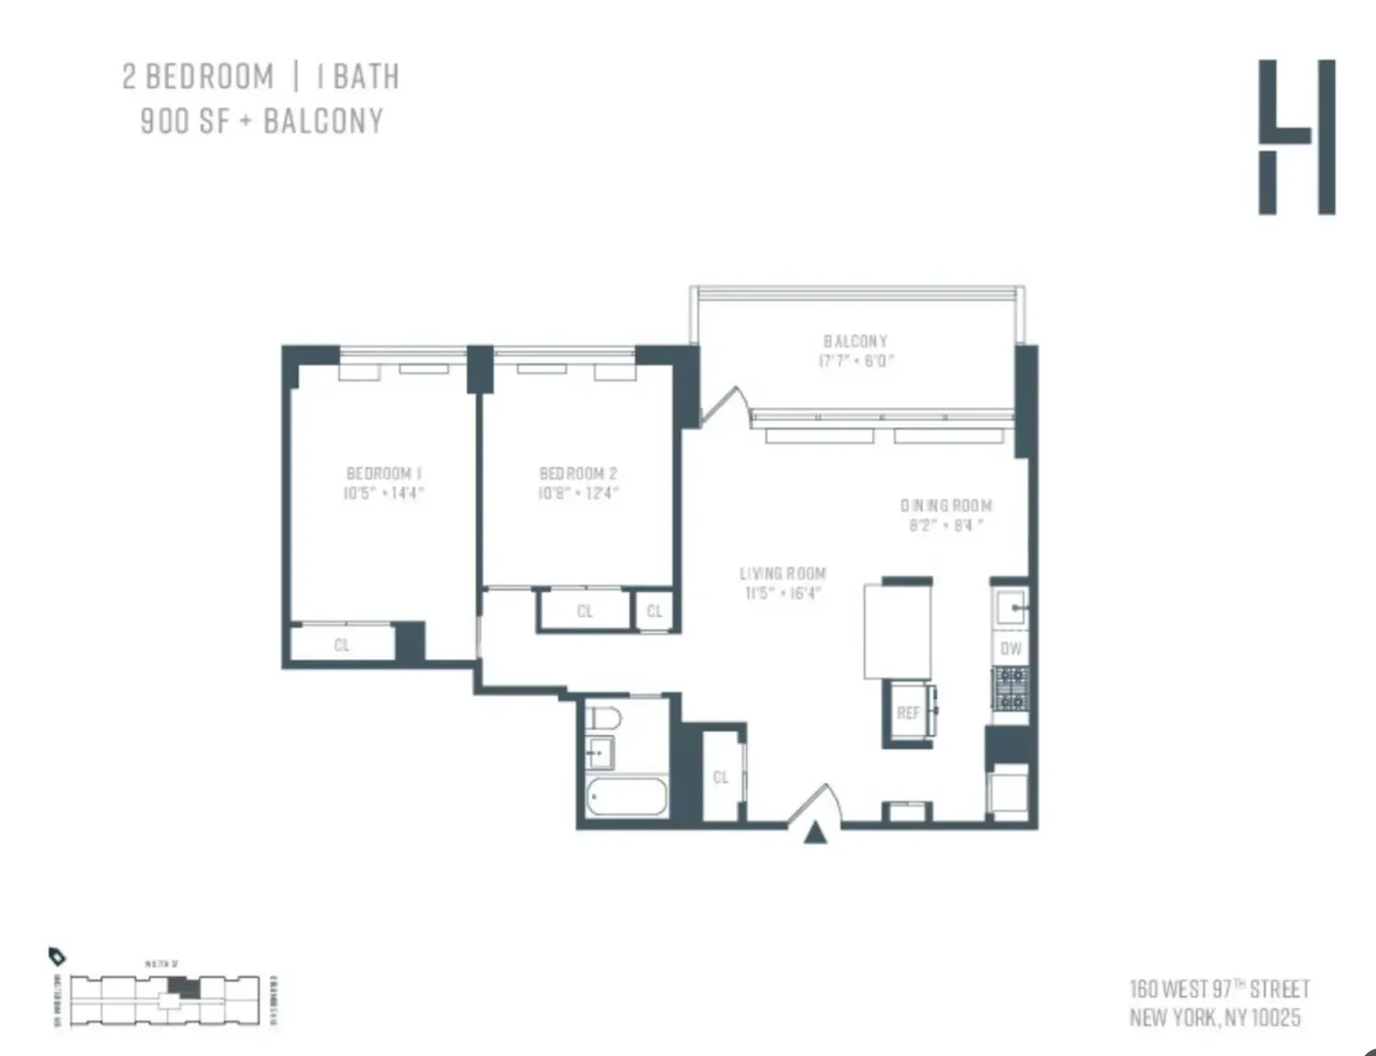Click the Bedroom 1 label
(x=384, y=473)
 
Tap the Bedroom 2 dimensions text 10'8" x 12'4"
(x=578, y=493)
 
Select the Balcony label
(x=855, y=341)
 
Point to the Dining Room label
(x=946, y=505)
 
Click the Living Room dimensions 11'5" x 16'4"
(x=783, y=593)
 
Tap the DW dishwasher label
(x=1011, y=648)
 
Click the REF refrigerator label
(x=908, y=713)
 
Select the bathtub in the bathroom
(x=627, y=797)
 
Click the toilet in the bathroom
(x=603, y=717)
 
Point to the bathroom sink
(x=599, y=753)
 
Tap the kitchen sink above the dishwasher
(x=1011, y=606)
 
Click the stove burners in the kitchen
(x=1011, y=688)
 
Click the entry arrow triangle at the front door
(x=815, y=834)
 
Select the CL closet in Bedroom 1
(x=342, y=644)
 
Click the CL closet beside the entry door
(x=720, y=777)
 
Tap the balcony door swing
(x=725, y=404)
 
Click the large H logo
(x=1297, y=137)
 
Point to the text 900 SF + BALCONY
(x=262, y=121)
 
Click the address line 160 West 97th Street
(x=1219, y=989)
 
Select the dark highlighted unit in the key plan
(x=184, y=987)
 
